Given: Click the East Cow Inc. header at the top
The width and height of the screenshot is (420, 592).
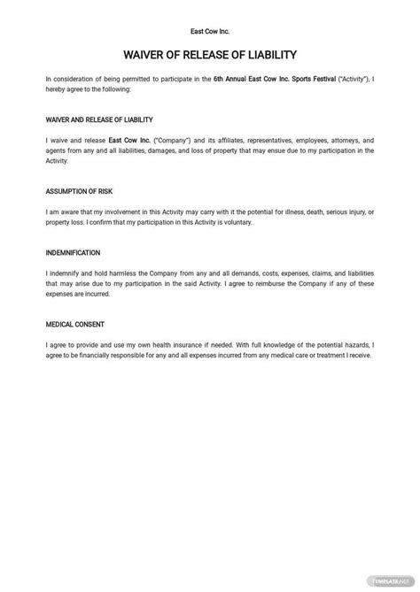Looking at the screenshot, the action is coord(209,28).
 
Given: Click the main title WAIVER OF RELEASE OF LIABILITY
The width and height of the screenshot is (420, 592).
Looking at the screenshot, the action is coord(209,55).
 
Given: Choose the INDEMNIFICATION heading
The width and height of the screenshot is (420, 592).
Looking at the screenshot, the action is coord(73,252).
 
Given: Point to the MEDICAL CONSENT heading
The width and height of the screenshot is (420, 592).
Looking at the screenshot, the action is coord(71,323).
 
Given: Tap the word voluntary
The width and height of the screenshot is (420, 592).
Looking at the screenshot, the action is coord(237,222).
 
